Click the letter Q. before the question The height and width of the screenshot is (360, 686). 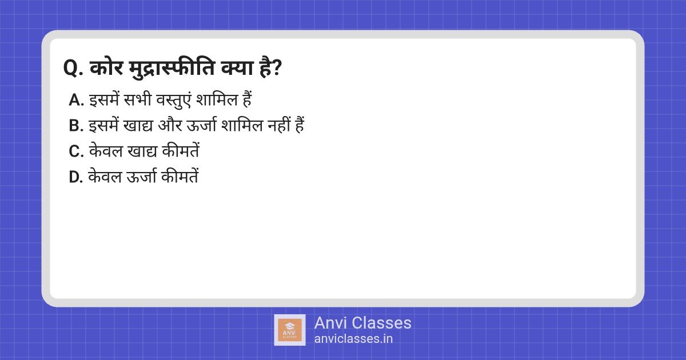[74, 68]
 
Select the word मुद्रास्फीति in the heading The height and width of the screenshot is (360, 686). [172, 68]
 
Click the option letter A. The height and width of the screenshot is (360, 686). [76, 100]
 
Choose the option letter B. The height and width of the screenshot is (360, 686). [76, 126]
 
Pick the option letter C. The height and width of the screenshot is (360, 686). [76, 151]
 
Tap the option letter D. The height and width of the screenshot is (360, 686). [76, 177]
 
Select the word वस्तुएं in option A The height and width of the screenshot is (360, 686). [173, 100]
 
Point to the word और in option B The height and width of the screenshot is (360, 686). [170, 125]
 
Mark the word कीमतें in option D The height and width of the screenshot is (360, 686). [180, 176]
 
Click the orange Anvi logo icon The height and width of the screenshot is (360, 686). [290, 330]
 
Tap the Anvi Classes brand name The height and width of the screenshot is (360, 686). [362, 323]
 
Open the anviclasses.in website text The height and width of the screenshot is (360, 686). [353, 338]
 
